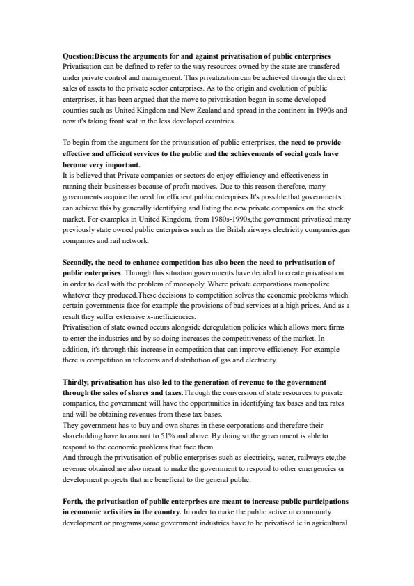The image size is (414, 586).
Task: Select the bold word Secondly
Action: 79,263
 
